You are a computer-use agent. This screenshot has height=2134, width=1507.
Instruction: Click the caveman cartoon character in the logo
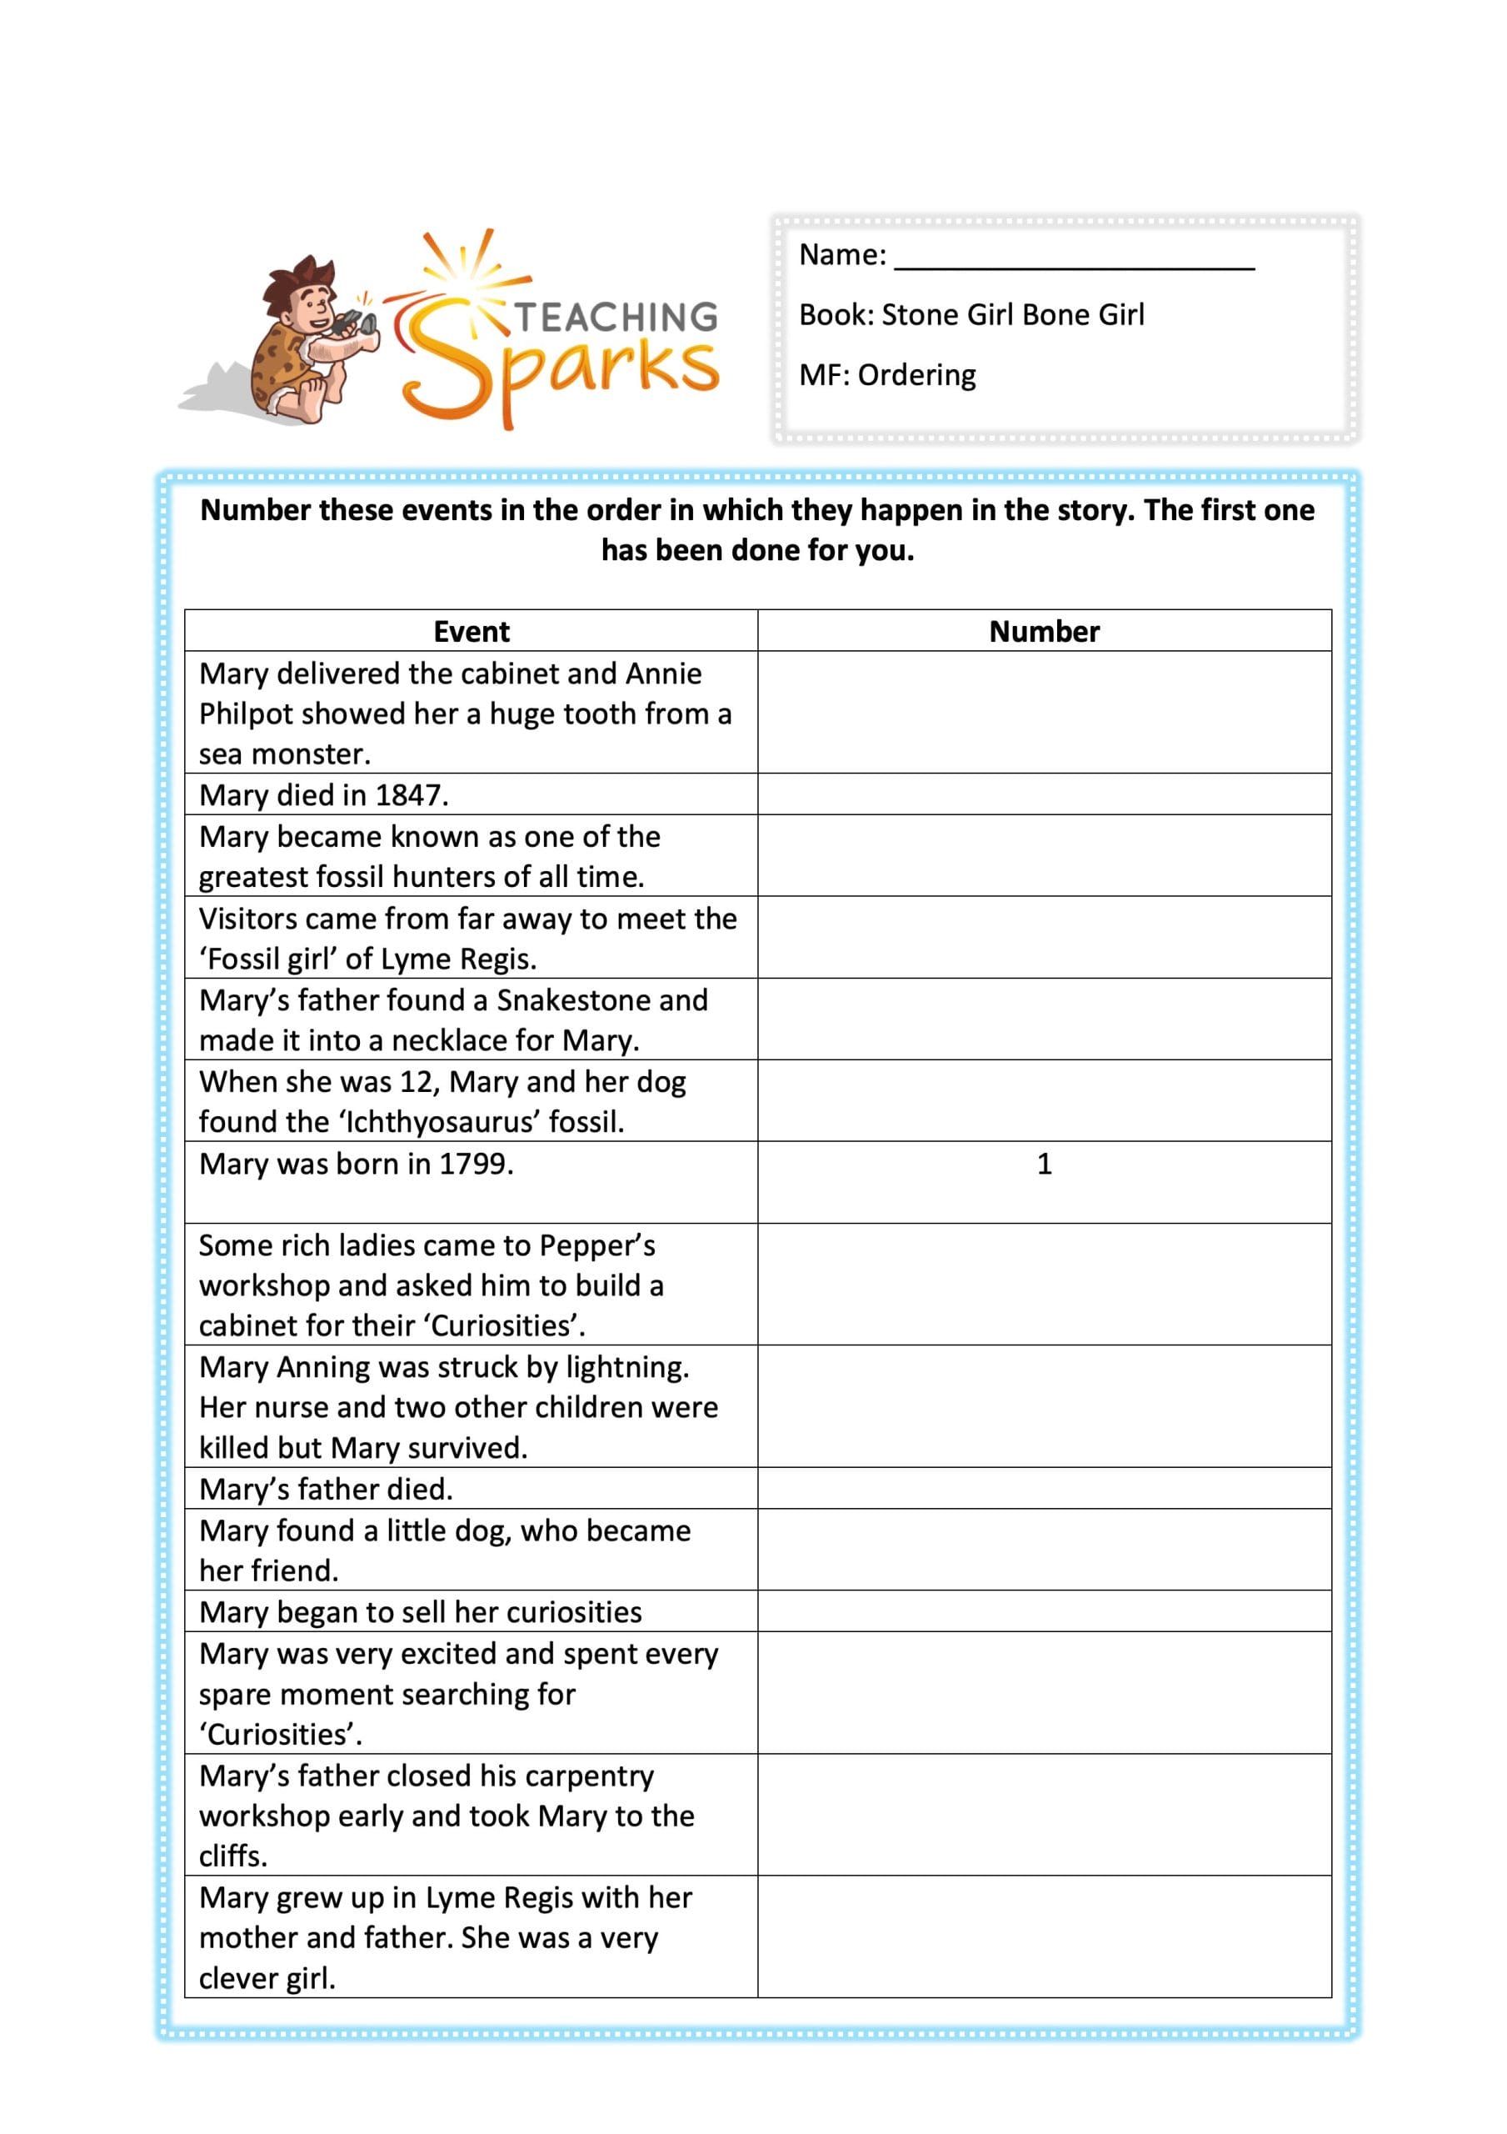click(x=307, y=339)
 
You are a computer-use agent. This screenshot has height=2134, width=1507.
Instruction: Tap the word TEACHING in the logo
click(x=616, y=317)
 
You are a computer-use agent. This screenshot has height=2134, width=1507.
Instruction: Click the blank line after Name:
click(x=1073, y=259)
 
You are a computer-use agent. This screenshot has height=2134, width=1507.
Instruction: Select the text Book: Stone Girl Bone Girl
click(x=971, y=315)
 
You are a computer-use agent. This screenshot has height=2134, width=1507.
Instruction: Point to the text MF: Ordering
click(x=887, y=374)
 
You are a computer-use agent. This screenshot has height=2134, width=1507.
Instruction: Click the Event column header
click(x=471, y=632)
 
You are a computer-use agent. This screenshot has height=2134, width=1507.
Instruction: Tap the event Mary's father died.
click(x=326, y=1489)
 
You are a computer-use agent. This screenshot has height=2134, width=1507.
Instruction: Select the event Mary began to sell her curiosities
click(x=420, y=1611)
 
